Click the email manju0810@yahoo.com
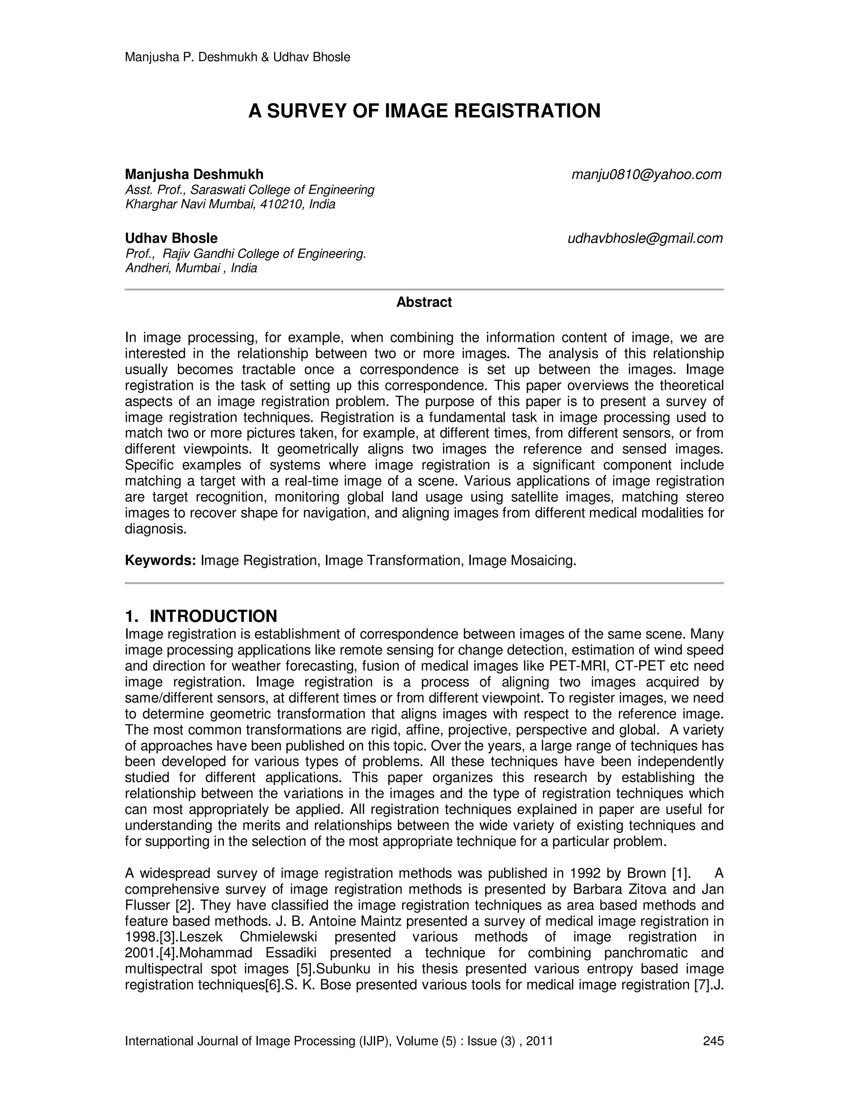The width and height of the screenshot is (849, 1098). coord(646,174)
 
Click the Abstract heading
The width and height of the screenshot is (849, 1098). coord(424,302)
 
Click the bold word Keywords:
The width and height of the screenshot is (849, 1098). coord(160,560)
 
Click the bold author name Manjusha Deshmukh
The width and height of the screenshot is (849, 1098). coord(194,174)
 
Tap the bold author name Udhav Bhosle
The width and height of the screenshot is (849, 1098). coord(171,238)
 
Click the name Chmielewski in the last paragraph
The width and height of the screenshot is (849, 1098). coord(272,937)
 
